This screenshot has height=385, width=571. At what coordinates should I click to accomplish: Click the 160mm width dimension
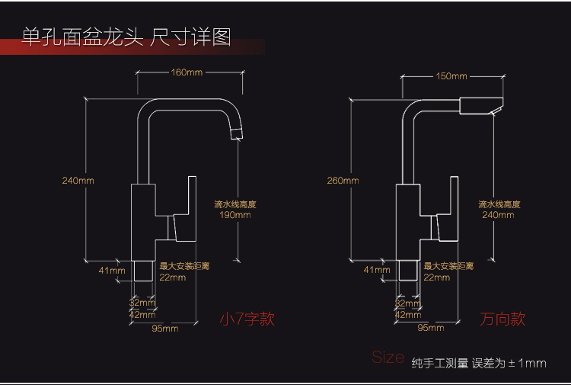(x=187, y=73)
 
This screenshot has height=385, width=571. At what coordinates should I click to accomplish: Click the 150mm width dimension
(x=451, y=76)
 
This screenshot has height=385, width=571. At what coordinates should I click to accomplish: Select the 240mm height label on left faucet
(x=78, y=181)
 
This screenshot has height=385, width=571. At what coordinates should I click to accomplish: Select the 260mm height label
(x=343, y=181)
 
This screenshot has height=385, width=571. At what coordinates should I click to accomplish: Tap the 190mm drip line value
(x=235, y=215)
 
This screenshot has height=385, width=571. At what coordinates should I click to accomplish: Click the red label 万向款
(x=502, y=319)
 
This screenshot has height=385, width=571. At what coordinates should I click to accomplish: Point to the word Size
(x=388, y=357)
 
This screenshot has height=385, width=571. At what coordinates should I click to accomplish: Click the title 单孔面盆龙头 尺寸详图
(x=126, y=37)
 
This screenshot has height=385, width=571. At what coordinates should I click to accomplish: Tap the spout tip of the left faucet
(x=235, y=136)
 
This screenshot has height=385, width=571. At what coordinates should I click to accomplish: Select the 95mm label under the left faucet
(x=165, y=329)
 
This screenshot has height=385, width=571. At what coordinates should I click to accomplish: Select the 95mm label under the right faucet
(x=431, y=329)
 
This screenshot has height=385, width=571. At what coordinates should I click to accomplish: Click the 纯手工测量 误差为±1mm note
(x=479, y=364)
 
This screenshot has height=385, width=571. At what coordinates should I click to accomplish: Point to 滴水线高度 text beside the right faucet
(x=499, y=204)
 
